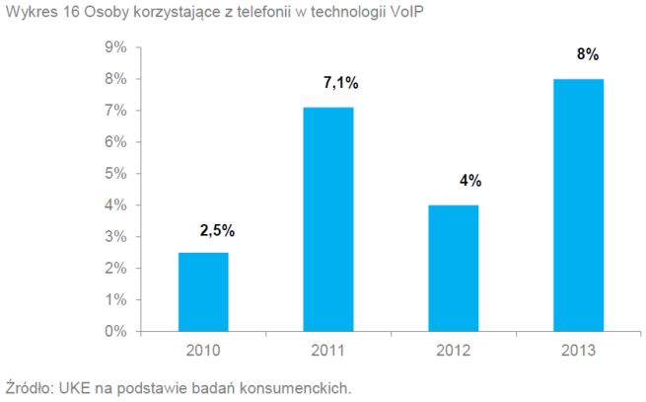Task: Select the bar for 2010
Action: click(x=203, y=292)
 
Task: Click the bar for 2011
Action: click(x=327, y=219)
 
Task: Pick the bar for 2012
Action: click(x=454, y=268)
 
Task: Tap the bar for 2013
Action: click(x=578, y=205)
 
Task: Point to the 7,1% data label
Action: click(x=340, y=85)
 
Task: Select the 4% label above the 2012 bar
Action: click(x=468, y=181)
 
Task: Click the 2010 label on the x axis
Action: click(x=203, y=350)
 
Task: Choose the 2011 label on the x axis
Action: click(x=327, y=350)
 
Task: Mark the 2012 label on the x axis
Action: click(x=454, y=350)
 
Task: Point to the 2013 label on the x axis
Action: click(x=578, y=350)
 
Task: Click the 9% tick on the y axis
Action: click(x=115, y=47)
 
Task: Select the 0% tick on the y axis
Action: click(x=115, y=332)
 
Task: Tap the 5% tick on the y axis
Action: click(x=115, y=174)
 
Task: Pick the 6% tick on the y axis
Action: click(x=115, y=142)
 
